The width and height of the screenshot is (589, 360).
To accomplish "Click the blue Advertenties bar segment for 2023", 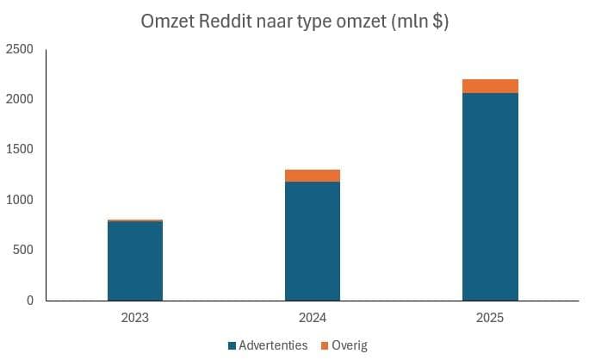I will (135, 261).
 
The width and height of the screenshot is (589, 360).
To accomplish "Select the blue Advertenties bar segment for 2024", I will (313, 241).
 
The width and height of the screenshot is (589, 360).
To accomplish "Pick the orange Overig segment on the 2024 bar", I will (313, 176).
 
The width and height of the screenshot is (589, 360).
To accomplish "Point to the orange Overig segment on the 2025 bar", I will (490, 86).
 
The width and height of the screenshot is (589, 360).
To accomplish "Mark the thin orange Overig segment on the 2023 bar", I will (135, 220).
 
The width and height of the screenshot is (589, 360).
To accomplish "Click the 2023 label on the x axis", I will (135, 318).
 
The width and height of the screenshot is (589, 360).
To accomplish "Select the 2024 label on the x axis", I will (313, 318).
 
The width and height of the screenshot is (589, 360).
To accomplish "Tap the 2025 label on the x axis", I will (490, 318).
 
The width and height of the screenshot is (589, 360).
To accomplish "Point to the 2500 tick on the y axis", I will (19, 50).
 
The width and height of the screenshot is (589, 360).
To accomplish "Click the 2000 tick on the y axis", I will (19, 100).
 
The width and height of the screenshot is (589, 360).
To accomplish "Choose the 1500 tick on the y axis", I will (19, 150).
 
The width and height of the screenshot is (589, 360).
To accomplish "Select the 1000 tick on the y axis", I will (19, 200).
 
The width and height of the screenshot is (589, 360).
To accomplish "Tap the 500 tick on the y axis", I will (22, 250).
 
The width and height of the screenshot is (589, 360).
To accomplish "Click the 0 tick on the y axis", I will (29, 301).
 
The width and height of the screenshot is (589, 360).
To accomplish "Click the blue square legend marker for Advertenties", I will (232, 345).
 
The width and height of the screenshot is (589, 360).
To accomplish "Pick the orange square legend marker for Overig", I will (325, 345).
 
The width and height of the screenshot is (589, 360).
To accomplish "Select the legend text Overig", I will (350, 345).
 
